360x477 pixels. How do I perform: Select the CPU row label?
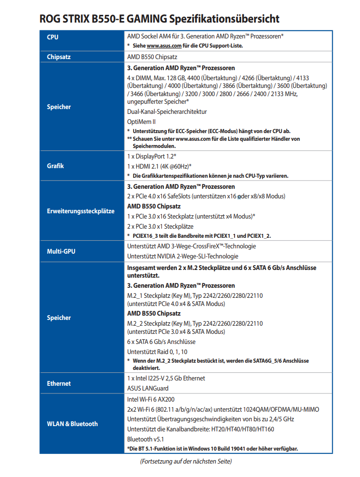53,37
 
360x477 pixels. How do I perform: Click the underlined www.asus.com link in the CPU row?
164,46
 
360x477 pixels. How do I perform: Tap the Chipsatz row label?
59,57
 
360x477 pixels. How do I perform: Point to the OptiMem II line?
141,122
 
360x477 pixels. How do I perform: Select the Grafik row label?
55,166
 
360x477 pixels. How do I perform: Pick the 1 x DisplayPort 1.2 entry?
151,157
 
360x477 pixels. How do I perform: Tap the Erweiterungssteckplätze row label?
80,211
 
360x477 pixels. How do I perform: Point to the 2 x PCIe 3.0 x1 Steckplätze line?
160,226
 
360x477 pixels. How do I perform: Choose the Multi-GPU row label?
61,251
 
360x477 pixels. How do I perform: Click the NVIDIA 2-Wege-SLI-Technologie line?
182,256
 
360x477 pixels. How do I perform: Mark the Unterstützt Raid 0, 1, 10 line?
157,351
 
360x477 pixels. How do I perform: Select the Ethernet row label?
59,383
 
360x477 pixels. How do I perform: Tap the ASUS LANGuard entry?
148,388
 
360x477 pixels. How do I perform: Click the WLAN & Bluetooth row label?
72,424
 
